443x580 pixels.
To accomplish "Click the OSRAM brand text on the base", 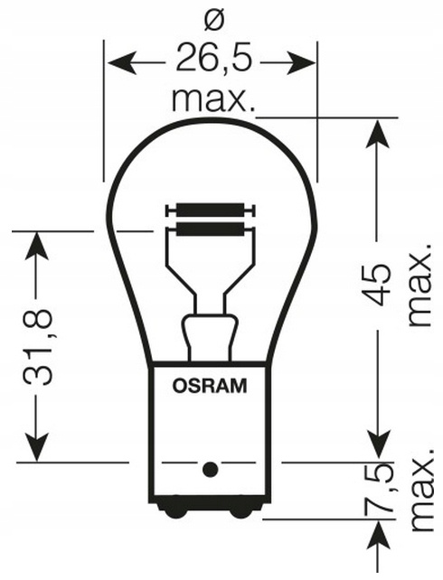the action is click(x=210, y=386).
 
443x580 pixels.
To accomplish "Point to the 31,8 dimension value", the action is click(x=37, y=347).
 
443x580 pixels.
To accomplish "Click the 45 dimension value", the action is click(x=377, y=285).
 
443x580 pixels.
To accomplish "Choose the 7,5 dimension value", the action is click(x=378, y=488).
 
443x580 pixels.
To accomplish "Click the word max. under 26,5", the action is click(x=213, y=100).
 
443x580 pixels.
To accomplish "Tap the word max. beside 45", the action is click(x=420, y=285).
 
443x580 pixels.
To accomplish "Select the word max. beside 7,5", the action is click(x=421, y=491).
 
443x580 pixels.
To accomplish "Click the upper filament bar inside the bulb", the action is click(x=211, y=210).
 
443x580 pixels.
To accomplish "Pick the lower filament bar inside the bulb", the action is click(x=211, y=229).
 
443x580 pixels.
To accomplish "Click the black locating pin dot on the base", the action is click(x=211, y=469).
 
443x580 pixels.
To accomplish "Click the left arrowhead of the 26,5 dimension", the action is click(x=120, y=63).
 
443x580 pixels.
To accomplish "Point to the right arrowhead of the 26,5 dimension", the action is click(x=301, y=63).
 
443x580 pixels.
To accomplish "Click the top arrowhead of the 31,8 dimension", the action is click(x=37, y=246).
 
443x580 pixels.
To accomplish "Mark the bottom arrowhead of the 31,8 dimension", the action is click(x=37, y=447).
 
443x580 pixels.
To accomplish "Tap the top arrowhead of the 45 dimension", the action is click(x=378, y=134).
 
